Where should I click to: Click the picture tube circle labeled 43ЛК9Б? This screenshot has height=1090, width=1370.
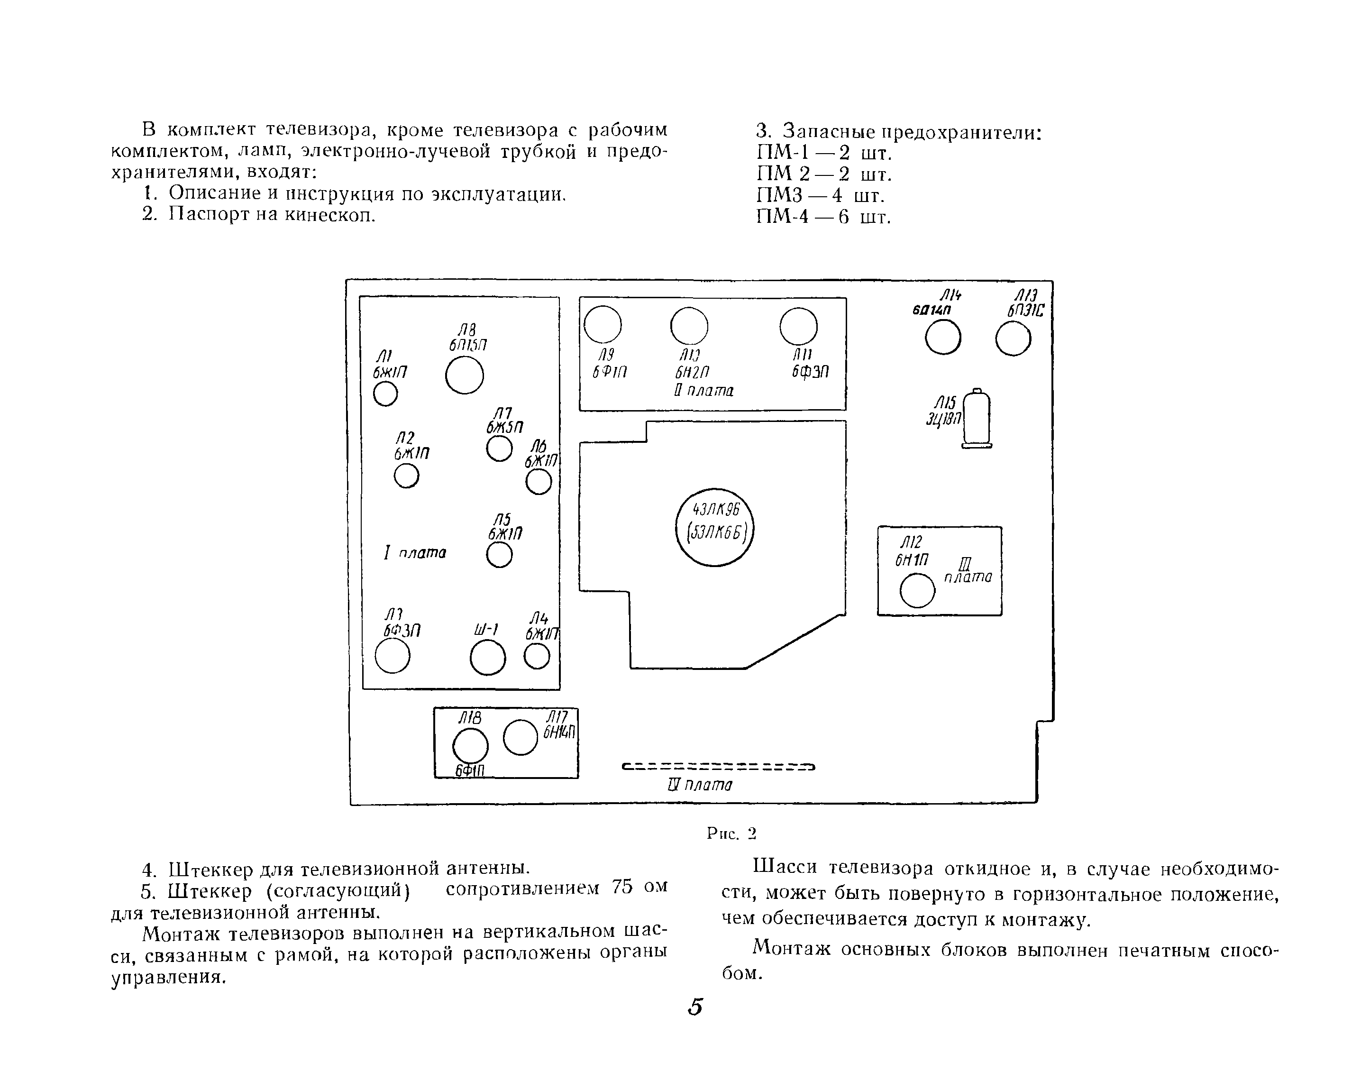click(x=714, y=527)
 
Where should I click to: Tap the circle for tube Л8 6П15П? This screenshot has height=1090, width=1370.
click(x=465, y=375)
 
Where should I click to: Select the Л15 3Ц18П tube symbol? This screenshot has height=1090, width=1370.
click(x=977, y=419)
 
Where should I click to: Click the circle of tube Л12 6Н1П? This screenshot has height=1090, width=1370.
click(x=918, y=590)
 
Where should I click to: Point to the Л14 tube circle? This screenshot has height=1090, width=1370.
click(x=943, y=337)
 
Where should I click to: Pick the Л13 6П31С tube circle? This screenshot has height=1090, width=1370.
click(x=1013, y=338)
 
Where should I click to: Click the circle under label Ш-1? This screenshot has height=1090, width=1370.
click(x=488, y=657)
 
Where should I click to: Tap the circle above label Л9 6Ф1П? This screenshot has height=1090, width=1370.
click(x=603, y=324)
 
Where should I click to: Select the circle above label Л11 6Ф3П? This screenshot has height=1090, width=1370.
click(x=798, y=326)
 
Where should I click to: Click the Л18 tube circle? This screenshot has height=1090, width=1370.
click(x=470, y=745)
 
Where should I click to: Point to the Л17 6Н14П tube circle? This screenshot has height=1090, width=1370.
click(x=521, y=737)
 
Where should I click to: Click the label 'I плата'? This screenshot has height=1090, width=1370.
click(x=415, y=553)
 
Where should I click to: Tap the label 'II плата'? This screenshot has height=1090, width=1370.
click(x=704, y=390)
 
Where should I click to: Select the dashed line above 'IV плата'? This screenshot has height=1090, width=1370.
click(x=718, y=767)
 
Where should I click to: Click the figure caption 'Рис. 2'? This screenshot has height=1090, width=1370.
click(x=731, y=833)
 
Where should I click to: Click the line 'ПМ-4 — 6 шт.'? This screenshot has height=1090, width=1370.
click(x=823, y=217)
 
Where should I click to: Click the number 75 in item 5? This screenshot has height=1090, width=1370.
click(x=623, y=887)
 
